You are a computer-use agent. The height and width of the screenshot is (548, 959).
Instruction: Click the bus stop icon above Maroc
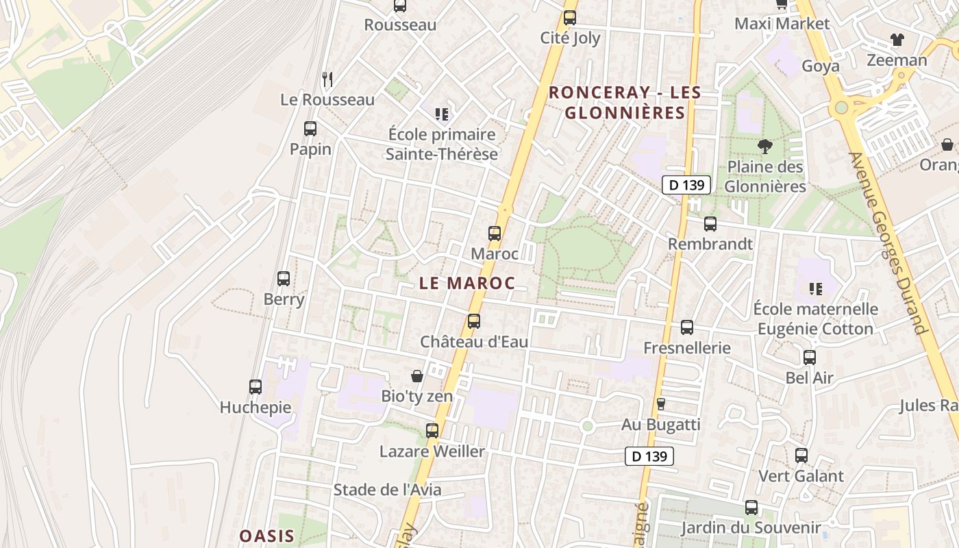(x=495, y=234)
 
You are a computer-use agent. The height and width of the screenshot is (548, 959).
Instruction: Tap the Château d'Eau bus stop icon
(x=473, y=321)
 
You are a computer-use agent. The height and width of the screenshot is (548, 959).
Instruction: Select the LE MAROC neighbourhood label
(x=466, y=283)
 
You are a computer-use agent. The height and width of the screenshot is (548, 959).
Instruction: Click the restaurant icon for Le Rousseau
(x=327, y=80)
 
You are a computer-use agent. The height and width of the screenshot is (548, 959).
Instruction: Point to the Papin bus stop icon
(x=310, y=129)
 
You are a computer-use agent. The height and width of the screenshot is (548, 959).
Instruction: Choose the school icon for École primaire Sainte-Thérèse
(x=442, y=114)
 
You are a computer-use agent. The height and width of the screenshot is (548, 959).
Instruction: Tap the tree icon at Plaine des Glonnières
(x=764, y=146)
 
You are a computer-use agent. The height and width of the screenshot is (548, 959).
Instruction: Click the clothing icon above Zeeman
(x=897, y=40)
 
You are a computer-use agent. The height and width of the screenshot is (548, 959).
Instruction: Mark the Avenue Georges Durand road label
(x=888, y=243)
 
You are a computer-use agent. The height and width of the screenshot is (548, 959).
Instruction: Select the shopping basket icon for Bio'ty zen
(x=416, y=376)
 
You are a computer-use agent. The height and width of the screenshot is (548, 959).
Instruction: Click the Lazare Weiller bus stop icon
(x=432, y=431)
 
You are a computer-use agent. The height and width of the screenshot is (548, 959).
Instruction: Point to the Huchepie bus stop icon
(x=256, y=387)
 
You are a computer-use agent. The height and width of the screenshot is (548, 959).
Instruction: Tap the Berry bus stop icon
(x=284, y=279)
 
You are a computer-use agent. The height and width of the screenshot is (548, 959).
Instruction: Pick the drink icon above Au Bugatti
(x=660, y=404)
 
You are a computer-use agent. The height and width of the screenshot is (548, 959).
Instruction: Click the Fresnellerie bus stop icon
(x=687, y=327)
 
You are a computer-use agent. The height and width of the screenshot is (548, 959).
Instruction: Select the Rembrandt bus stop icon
(x=710, y=224)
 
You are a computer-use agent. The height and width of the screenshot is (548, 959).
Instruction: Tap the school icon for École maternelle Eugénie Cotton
(x=815, y=289)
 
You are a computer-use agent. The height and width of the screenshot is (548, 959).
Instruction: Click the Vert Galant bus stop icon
(x=801, y=456)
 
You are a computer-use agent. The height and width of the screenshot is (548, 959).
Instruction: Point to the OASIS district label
(x=267, y=536)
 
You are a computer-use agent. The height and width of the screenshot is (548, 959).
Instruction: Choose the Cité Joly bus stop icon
(x=570, y=18)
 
